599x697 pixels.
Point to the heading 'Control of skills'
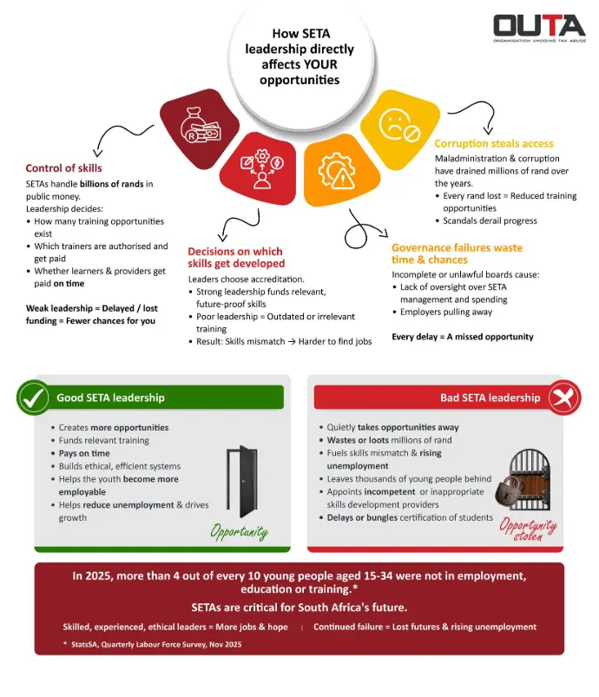pos(63,168)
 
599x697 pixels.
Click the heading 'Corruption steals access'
pos(493,143)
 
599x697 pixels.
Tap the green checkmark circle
pos(33,398)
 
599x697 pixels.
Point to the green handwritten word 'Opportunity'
pos(240,530)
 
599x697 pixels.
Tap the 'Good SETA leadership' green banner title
pos(110,398)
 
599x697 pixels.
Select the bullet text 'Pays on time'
pos(84,453)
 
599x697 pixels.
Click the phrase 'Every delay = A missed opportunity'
pos(463,336)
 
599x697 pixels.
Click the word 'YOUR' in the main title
pos(315,65)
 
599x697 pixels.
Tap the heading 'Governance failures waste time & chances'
pos(457,253)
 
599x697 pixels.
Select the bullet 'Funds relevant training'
pos(103,440)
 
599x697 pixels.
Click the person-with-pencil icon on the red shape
pos(260,170)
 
